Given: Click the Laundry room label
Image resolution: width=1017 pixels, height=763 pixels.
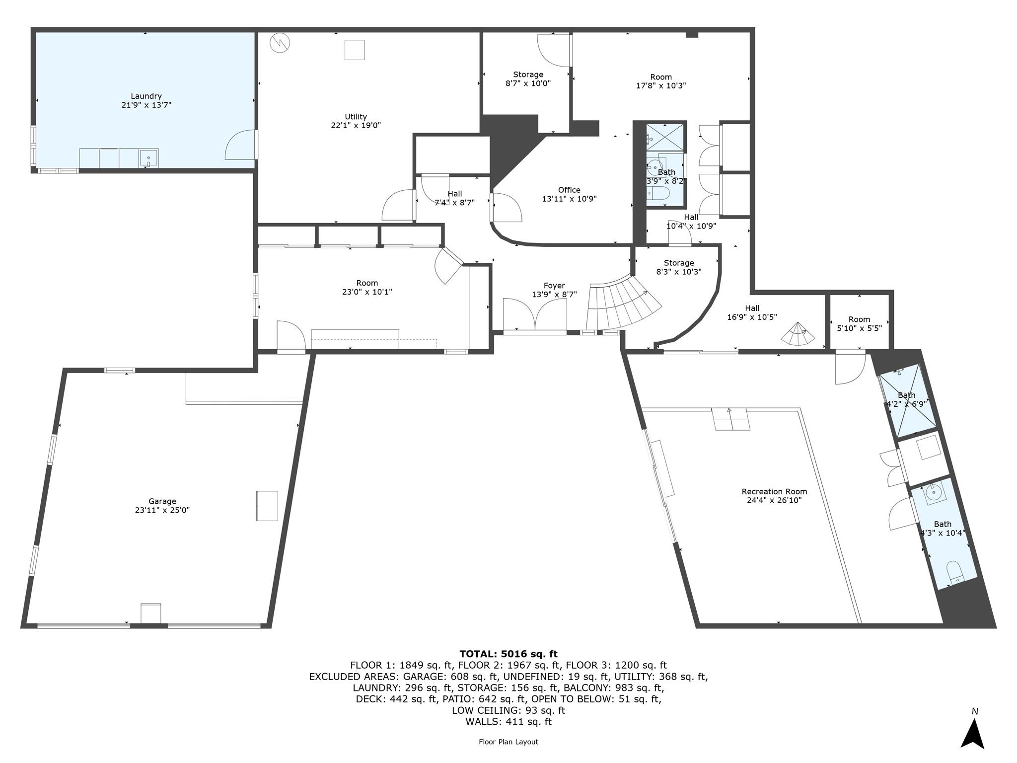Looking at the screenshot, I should pyautogui.click(x=146, y=96).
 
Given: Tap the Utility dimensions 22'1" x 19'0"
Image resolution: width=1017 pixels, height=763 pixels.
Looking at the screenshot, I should pyautogui.click(x=356, y=126).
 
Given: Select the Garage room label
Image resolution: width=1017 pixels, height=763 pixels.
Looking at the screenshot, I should pyautogui.click(x=162, y=501).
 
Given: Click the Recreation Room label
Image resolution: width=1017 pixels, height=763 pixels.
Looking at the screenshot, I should pyautogui.click(x=774, y=491).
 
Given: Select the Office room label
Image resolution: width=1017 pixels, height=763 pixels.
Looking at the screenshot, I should pyautogui.click(x=569, y=190).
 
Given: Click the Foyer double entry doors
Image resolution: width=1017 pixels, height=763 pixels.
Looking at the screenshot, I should pyautogui.click(x=535, y=315).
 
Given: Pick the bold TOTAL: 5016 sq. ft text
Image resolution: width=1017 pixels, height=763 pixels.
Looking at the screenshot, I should pyautogui.click(x=508, y=654).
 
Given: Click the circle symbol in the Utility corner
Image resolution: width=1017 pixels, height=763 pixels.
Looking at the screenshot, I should pyautogui.click(x=279, y=43).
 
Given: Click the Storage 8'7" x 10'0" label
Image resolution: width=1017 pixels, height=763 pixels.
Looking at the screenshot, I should pyautogui.click(x=528, y=75).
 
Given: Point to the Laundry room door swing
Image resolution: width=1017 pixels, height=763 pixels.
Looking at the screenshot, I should pyautogui.click(x=241, y=145).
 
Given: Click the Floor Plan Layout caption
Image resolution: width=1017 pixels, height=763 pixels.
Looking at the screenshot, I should pyautogui.click(x=508, y=742).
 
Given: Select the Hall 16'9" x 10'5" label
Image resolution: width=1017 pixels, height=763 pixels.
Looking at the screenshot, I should pyautogui.click(x=752, y=308).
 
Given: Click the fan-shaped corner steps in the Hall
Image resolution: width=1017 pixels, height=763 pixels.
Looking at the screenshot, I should pyautogui.click(x=798, y=335).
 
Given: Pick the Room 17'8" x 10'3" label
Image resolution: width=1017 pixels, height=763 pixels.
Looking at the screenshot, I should pyautogui.click(x=661, y=77).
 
